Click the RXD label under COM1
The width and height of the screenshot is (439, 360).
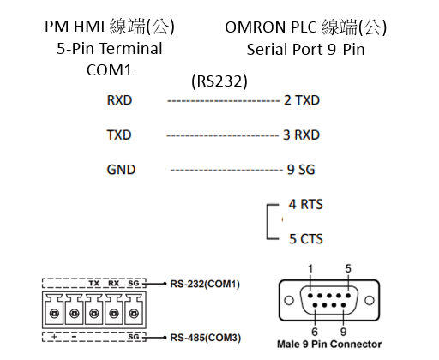(x=119, y=100)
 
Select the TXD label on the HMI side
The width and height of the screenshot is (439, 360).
(x=119, y=135)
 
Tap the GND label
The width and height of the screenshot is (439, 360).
(x=121, y=170)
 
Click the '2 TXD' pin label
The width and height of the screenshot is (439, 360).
(x=302, y=100)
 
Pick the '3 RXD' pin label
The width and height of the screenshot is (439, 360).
(x=301, y=135)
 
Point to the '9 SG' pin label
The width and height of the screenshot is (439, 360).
(x=301, y=170)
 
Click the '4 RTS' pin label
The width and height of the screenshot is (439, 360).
(x=306, y=204)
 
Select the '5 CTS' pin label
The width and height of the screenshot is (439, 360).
(x=306, y=239)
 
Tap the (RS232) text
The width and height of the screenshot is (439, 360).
(x=219, y=81)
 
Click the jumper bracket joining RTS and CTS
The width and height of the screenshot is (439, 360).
(x=268, y=222)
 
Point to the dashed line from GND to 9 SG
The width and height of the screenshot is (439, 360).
(x=226, y=171)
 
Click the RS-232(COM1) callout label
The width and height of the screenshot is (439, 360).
(x=205, y=284)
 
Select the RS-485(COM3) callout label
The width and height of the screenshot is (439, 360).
(x=206, y=338)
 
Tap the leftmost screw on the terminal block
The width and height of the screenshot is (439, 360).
(x=54, y=314)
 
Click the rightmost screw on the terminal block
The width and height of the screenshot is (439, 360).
(x=134, y=314)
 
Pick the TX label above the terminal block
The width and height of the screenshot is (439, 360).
(x=94, y=283)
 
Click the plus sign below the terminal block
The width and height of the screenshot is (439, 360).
(x=54, y=337)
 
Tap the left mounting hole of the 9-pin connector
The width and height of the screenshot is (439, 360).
(x=289, y=300)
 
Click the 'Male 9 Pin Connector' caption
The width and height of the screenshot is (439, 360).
(x=329, y=345)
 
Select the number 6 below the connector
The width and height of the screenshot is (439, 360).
(x=315, y=332)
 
